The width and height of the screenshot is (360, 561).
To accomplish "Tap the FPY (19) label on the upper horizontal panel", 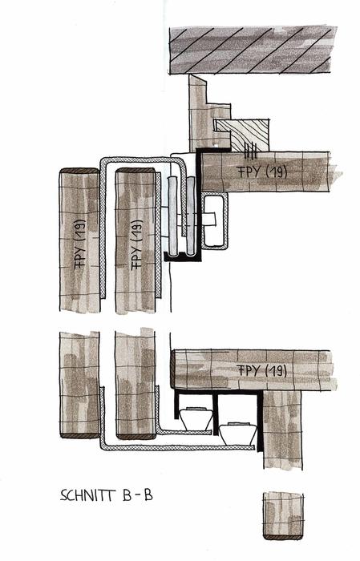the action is coord(262,172).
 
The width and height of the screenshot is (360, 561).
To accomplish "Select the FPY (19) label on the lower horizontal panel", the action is coord(262,370).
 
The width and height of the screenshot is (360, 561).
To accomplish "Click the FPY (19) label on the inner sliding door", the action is coord(137,244).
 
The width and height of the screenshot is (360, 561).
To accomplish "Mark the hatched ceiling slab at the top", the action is coord(253,50).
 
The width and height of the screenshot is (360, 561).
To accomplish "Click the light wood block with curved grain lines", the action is coord(242,135).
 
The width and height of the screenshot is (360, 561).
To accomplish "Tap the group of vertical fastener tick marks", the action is coord(250,151).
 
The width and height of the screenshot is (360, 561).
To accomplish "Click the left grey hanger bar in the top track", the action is coord(172,216).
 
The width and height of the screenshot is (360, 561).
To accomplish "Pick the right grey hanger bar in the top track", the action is coord(190,216).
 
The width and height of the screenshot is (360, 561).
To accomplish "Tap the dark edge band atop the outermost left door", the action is coord(79,171).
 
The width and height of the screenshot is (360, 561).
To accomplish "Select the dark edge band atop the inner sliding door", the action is coord(136,171).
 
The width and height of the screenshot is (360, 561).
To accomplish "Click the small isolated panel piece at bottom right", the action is coord(283,515).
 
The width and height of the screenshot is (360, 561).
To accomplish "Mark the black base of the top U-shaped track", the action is coord(183,256).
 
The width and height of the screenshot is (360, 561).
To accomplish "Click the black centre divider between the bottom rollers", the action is coord(216,414).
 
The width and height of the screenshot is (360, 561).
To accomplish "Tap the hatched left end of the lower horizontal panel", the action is coord(172,369).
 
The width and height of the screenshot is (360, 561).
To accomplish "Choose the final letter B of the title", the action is coord(148,495).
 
